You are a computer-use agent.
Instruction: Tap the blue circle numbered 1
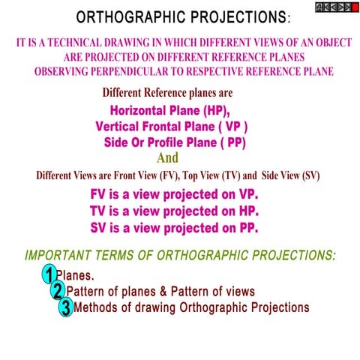click(x=49, y=275)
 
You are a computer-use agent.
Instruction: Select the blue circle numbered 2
click(x=58, y=291)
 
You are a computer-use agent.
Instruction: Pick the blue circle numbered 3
click(x=66, y=307)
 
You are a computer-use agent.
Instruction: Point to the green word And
click(x=168, y=157)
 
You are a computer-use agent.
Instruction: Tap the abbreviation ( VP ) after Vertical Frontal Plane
click(x=232, y=125)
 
